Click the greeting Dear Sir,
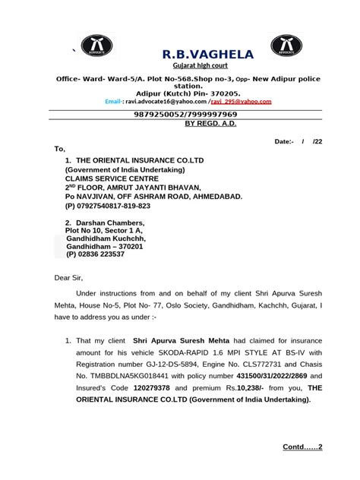71,279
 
